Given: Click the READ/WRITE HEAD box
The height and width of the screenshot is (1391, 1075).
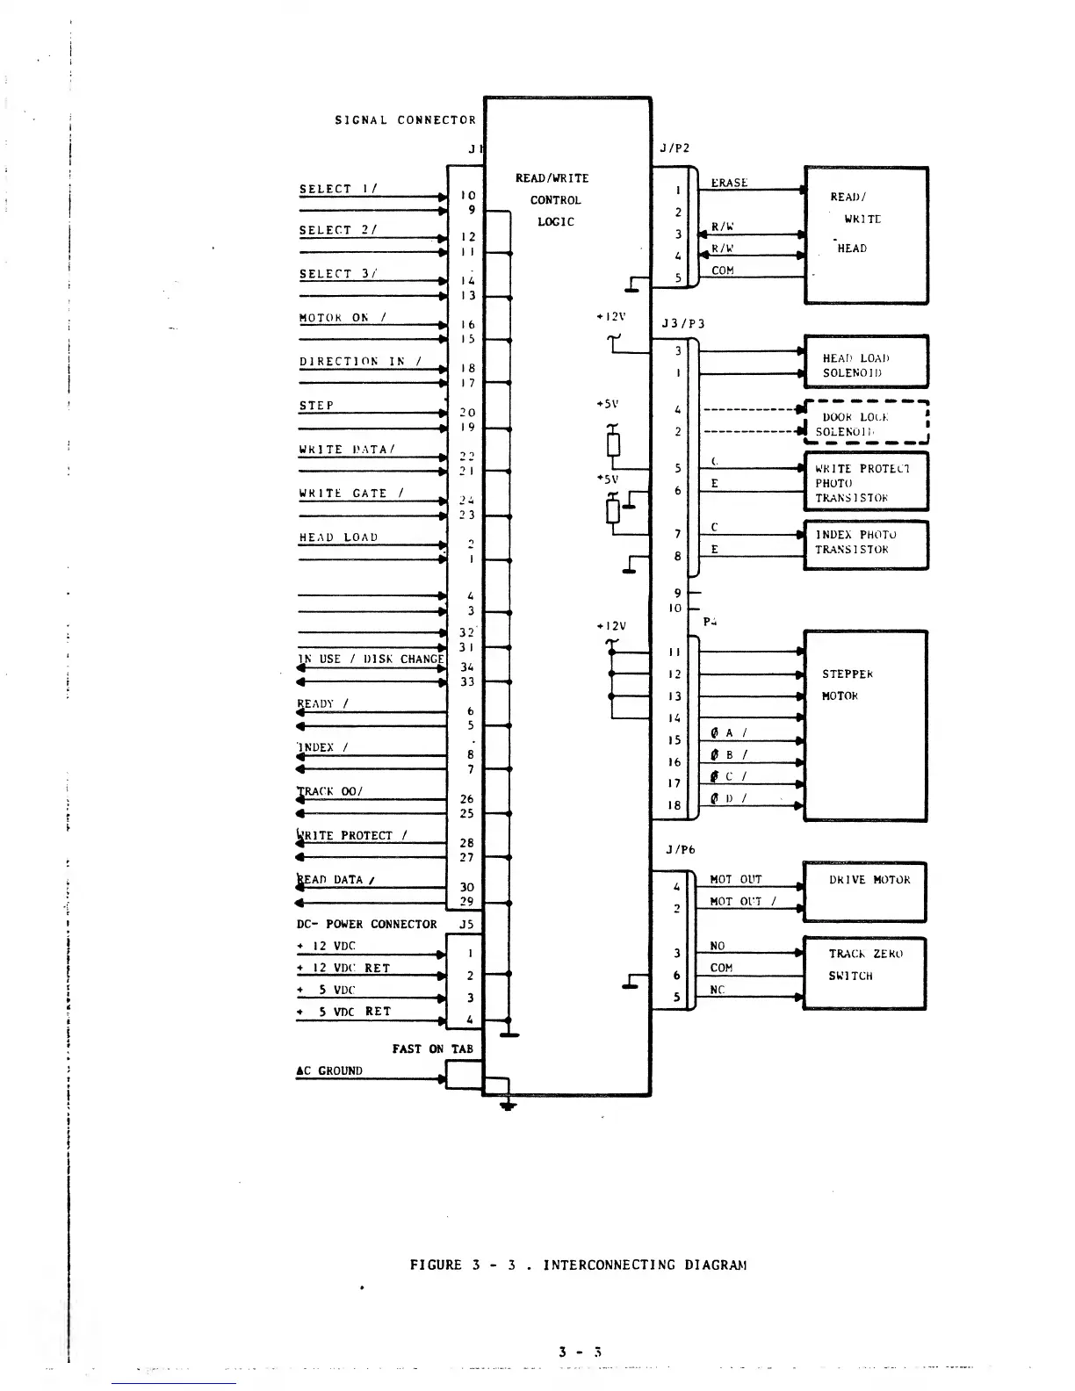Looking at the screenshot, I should [866, 235].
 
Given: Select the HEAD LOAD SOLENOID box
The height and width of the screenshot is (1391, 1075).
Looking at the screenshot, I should [866, 361].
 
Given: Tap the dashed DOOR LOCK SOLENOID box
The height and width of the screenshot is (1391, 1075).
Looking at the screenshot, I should [866, 423].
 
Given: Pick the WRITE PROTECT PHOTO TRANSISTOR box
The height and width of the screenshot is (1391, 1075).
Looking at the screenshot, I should [866, 481].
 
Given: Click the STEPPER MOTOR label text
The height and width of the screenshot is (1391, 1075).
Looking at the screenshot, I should [848, 685].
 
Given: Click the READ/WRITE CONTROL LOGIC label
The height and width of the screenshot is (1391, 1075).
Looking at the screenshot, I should [553, 200].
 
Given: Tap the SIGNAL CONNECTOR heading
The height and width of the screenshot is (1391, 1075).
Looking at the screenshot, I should [405, 120].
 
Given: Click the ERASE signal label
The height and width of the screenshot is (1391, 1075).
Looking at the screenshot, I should [729, 183].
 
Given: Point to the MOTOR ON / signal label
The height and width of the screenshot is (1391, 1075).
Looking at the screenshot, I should [343, 318].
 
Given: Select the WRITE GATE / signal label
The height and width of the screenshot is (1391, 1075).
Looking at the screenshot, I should [351, 494].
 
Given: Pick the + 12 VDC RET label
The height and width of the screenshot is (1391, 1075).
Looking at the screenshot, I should [343, 968].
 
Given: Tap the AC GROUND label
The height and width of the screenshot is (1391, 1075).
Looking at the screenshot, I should [329, 1071].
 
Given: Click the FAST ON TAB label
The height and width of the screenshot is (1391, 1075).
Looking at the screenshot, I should [432, 1049].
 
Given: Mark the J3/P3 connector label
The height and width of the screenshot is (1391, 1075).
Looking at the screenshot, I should [682, 323].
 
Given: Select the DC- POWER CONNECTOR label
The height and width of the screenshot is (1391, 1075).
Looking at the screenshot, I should [367, 925].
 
